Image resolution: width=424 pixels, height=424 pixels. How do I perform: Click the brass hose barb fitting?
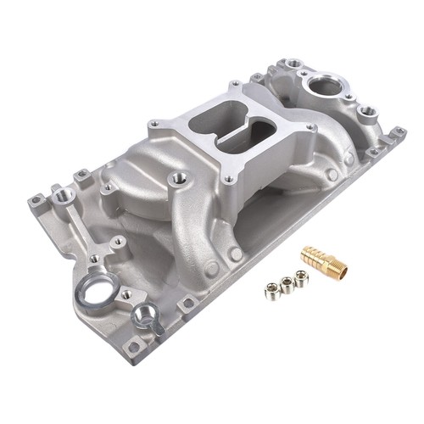click(324, 262)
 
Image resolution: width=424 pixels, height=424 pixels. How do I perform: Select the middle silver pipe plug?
click(288, 282)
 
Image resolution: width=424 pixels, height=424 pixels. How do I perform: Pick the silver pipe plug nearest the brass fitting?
click(301, 276)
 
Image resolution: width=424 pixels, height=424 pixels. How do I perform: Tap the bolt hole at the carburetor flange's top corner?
click(233, 84)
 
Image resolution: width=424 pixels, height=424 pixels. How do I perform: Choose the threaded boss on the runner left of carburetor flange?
click(178, 179)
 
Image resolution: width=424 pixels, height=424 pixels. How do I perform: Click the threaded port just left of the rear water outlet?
click(293, 63)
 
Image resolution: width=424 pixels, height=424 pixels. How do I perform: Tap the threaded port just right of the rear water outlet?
click(366, 110)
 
